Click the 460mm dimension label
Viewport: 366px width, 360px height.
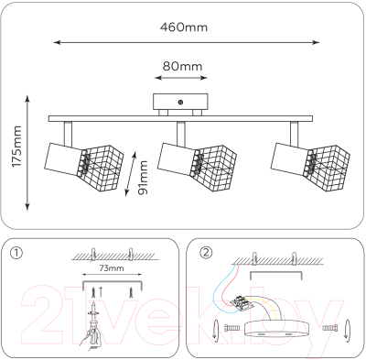(x=184, y=27)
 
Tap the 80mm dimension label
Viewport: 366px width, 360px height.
(x=182, y=66)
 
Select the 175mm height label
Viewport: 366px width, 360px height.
(x=16, y=147)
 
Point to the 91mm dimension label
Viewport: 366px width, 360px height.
(x=143, y=178)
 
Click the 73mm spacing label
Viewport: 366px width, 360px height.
(x=112, y=268)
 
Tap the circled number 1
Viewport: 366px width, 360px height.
(x=16, y=253)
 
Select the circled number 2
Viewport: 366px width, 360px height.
(x=206, y=253)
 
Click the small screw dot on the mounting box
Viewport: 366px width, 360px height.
(x=180, y=103)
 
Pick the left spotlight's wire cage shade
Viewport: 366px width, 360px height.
(x=102, y=168)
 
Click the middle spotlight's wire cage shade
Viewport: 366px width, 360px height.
(x=213, y=168)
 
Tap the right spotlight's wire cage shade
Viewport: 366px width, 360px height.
(x=327, y=168)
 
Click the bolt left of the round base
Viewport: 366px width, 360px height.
(x=232, y=328)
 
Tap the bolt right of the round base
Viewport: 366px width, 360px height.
(x=330, y=328)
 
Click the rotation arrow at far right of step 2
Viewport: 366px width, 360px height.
(x=348, y=329)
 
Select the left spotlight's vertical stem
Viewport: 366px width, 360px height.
(x=68, y=134)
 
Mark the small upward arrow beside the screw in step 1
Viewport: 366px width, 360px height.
(x=101, y=292)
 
